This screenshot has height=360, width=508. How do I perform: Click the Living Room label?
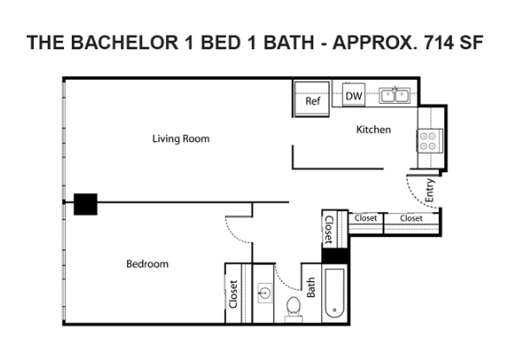[x=181, y=138]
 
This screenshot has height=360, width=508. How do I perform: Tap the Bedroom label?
[x=147, y=264]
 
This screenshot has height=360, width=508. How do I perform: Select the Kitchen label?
[x=373, y=130]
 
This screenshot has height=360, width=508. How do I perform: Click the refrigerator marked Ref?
[x=312, y=100]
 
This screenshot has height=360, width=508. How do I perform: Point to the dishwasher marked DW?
[x=354, y=95]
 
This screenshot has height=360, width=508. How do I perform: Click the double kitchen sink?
[x=395, y=96]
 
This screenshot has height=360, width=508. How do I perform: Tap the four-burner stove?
[x=429, y=141]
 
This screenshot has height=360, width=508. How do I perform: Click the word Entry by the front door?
[x=429, y=190]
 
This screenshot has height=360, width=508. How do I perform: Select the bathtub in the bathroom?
[x=334, y=293]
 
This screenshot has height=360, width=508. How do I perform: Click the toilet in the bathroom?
[x=294, y=309]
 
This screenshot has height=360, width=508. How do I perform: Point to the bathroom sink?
[x=265, y=293]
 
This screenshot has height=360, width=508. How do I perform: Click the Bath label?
[x=311, y=287]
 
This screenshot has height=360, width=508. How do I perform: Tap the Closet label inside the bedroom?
[x=234, y=294]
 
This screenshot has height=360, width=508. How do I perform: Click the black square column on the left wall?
[x=86, y=204]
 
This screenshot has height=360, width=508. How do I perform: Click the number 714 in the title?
[x=438, y=42]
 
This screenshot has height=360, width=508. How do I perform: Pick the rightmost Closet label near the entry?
[x=411, y=218]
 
